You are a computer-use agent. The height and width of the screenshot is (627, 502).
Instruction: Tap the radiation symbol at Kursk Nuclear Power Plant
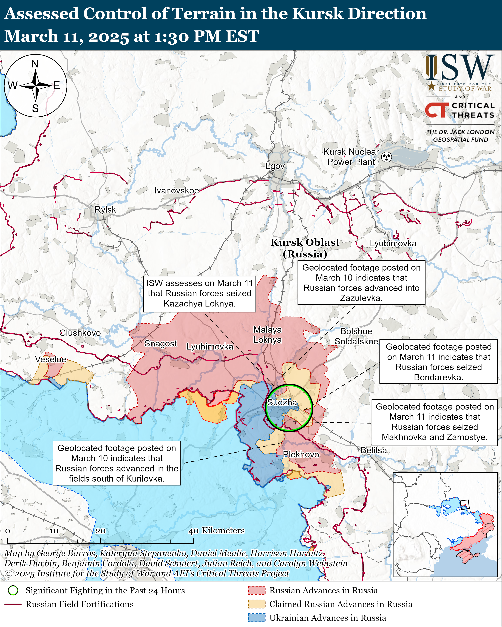pyautogui.click(x=387, y=157)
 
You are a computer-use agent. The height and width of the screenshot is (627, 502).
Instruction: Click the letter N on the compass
pyautogui.click(x=35, y=64)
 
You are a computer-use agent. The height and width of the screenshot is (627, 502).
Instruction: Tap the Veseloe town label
pyautogui.click(x=51, y=359)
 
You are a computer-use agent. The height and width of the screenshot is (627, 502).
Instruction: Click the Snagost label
pyautogui.click(x=160, y=343)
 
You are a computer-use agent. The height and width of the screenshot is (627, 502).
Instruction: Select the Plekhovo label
pyautogui.click(x=301, y=454)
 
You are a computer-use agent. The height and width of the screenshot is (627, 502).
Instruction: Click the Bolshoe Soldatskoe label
pyautogui.click(x=356, y=336)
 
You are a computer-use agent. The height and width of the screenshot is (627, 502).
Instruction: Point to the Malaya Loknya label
pyautogui.click(x=267, y=335)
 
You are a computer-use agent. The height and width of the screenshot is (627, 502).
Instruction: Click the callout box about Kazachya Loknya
pyautogui.click(x=200, y=294)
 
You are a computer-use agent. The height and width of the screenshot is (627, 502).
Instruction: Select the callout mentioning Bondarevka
pyautogui.click(x=439, y=362)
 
